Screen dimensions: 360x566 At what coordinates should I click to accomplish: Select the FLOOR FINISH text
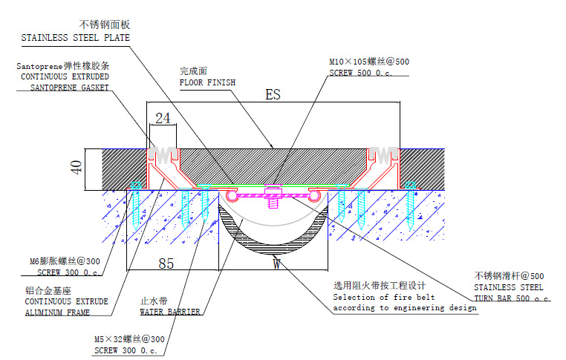coord(207,82)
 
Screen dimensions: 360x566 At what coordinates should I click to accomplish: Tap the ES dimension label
coord(273,95)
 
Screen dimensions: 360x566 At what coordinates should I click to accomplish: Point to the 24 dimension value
coord(163,119)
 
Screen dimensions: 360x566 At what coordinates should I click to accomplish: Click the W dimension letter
coord(275,261)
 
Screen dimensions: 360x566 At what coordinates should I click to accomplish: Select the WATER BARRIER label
coord(170,312)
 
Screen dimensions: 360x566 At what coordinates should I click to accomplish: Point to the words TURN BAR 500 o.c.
coord(513,298)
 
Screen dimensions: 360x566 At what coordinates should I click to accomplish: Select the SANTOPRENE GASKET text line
coord(69,87)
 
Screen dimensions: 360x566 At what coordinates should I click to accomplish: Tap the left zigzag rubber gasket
coord(164,156)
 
